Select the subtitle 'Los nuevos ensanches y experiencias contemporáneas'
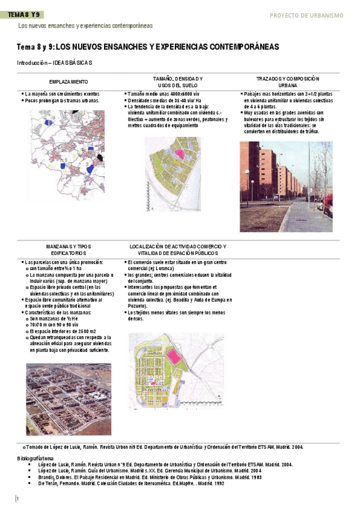(85, 26)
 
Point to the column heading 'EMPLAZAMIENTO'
(69, 82)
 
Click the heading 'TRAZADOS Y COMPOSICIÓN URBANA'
(287, 82)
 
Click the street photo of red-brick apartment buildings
(285, 186)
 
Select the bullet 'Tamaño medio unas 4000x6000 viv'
(165, 94)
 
